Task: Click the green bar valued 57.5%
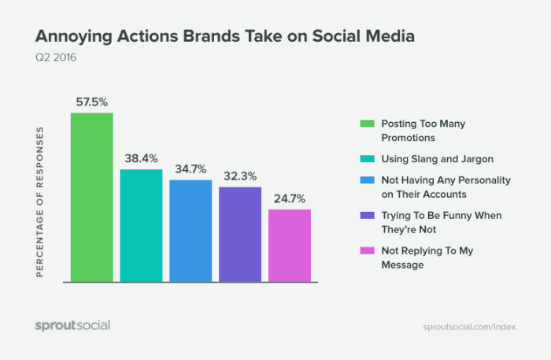92,197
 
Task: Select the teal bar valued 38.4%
141,225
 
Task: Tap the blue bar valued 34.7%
190,231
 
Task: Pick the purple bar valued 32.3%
240,234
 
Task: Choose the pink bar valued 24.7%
290,245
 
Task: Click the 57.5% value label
92,101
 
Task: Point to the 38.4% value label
141,157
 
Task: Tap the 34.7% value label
190,168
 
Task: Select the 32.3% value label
240,175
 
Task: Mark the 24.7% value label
290,197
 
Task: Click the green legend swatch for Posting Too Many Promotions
366,123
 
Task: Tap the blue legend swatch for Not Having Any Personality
366,180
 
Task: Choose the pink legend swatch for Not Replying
366,251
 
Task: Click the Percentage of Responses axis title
39,201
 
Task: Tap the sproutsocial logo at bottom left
72,325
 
